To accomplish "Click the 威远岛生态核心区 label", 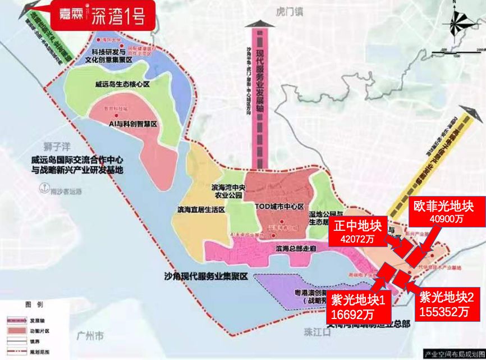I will tap(122, 85).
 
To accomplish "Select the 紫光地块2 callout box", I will tap(447, 305).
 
